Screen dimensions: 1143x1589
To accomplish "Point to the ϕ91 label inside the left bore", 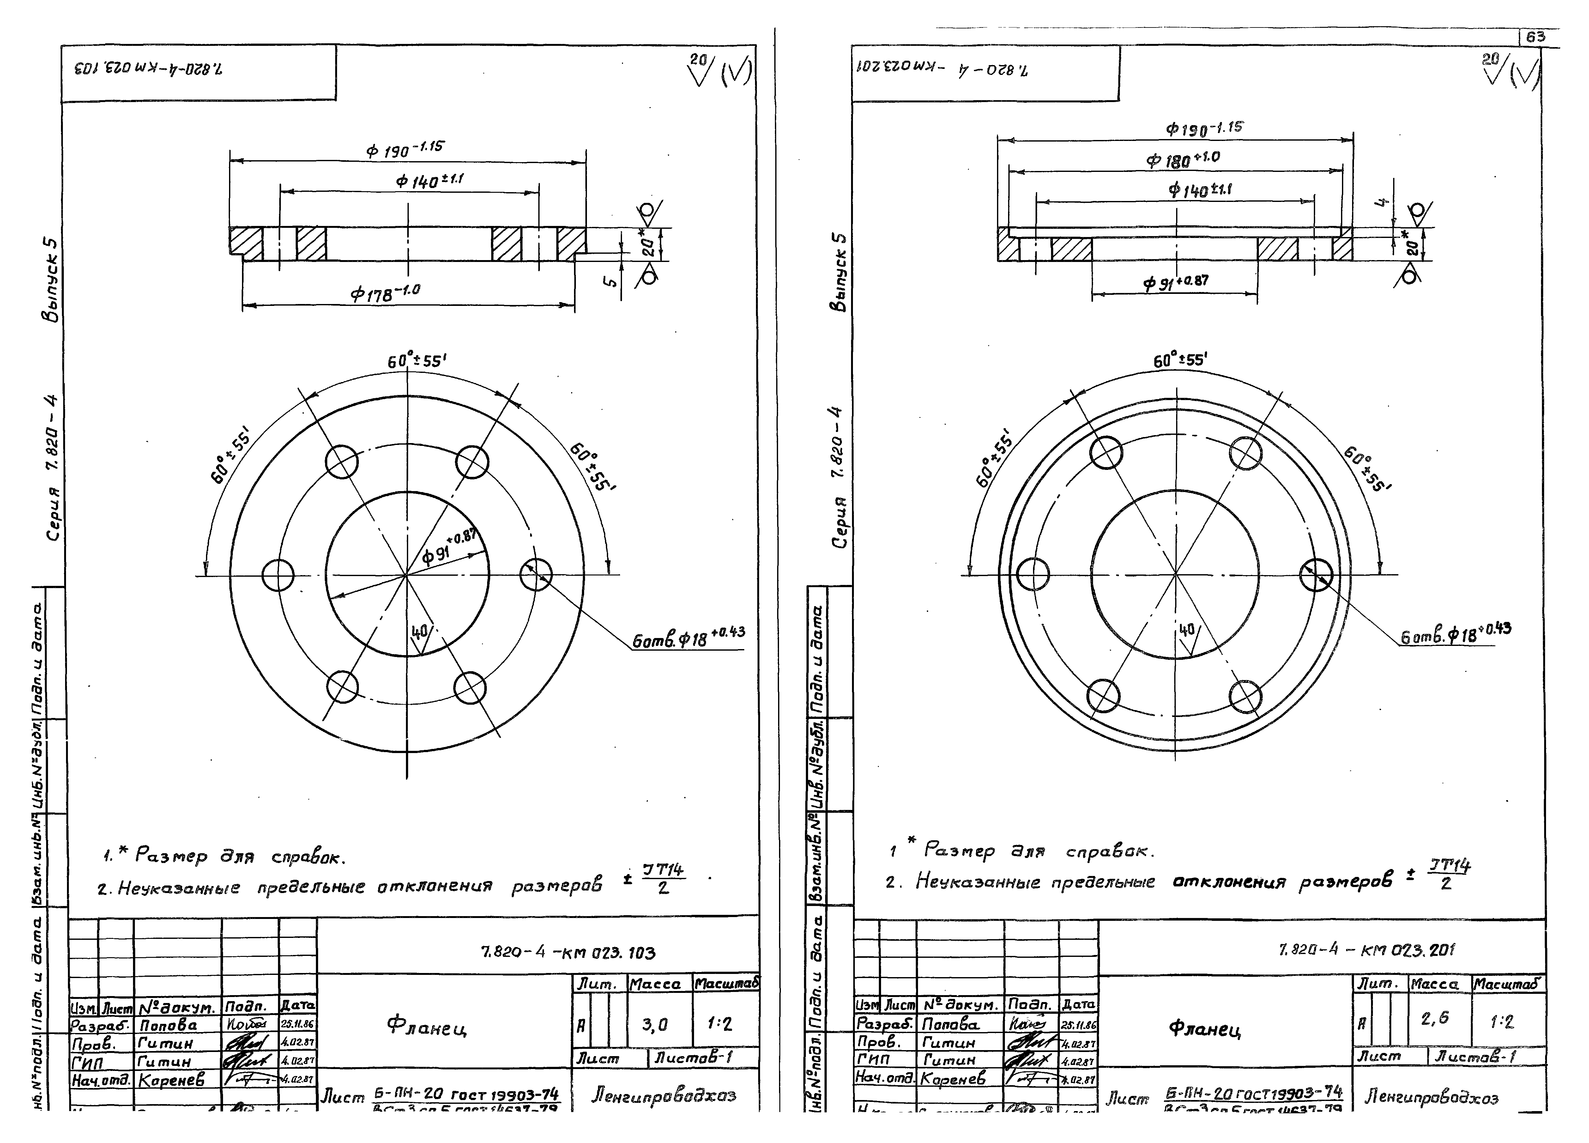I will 448,547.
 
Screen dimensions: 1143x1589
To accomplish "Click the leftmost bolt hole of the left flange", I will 278,575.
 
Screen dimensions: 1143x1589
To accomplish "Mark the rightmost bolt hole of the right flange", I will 1315,575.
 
